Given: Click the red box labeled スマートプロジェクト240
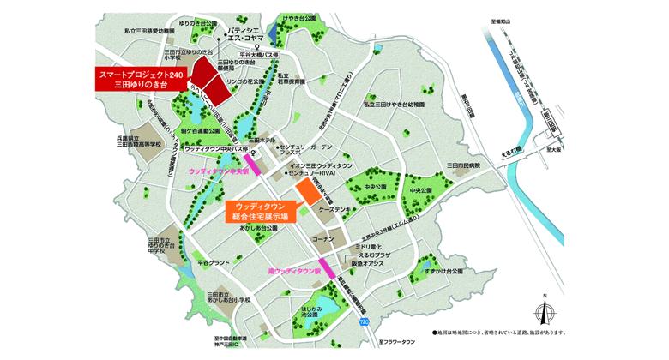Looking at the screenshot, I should pos(142,82).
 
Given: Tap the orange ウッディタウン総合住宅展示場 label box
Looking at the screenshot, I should pos(266,211).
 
